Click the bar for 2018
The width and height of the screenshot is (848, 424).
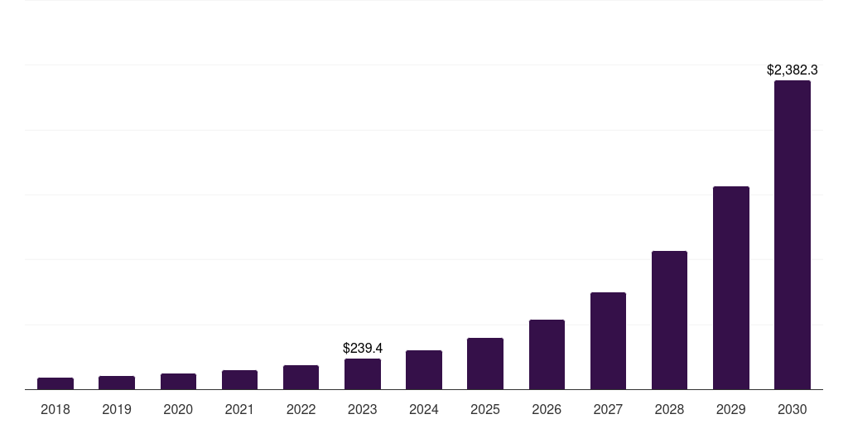coord(55,383)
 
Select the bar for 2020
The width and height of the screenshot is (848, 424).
coord(178,381)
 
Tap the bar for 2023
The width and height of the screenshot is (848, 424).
coord(363,373)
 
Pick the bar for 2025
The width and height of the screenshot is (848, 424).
coord(485,364)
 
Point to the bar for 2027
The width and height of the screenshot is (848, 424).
coord(608,340)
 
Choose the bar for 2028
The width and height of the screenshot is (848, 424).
coord(669,320)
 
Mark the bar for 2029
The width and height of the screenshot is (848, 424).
coord(731,287)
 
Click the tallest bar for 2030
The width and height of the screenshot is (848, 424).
coord(793,234)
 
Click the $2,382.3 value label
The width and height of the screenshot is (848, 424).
coord(793,70)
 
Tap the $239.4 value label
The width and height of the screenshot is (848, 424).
coord(363,349)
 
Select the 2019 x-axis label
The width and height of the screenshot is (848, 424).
coord(117,409)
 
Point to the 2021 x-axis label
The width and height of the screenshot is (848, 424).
coord(239,409)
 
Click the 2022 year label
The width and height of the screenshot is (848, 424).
coord(301,409)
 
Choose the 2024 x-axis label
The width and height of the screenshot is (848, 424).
coord(424,409)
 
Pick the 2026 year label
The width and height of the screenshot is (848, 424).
coord(547,409)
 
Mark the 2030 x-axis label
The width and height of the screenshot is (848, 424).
coord(793,409)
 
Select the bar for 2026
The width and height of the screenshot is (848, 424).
coord(547,354)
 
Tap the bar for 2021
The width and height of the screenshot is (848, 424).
coord(239,379)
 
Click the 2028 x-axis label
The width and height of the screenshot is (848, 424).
coord(669,409)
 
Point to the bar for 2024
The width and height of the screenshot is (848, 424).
coord(424,369)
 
